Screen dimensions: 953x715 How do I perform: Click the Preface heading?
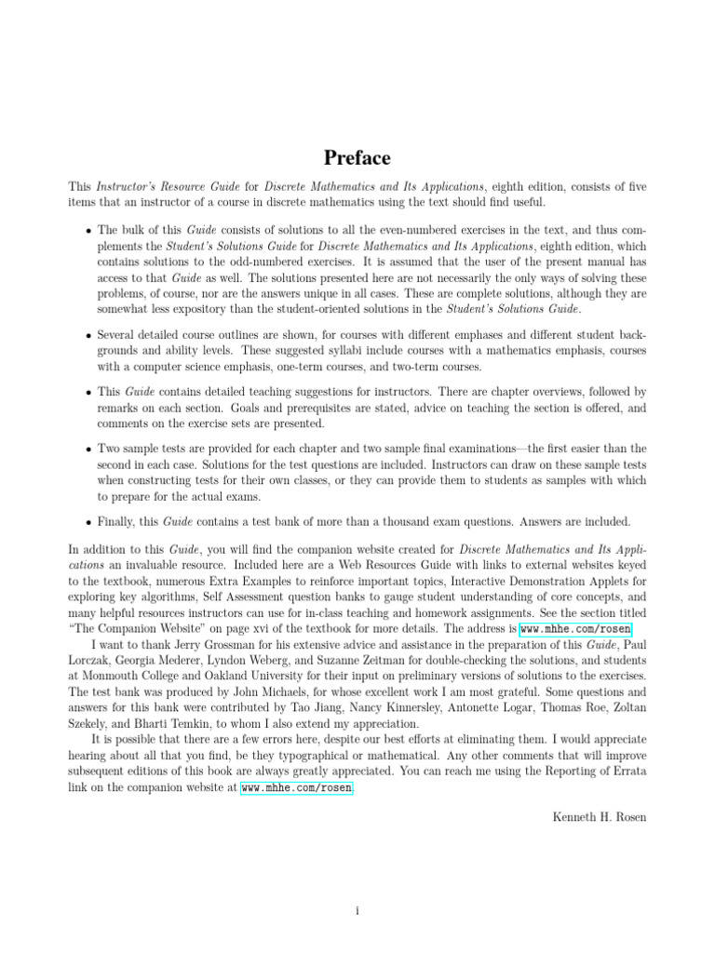(357, 157)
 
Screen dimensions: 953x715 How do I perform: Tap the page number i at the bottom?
(357, 884)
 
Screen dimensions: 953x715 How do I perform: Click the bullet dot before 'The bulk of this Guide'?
(88, 229)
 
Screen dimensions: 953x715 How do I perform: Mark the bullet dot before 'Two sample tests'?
(88, 449)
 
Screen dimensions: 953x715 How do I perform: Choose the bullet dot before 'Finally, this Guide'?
(88, 522)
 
